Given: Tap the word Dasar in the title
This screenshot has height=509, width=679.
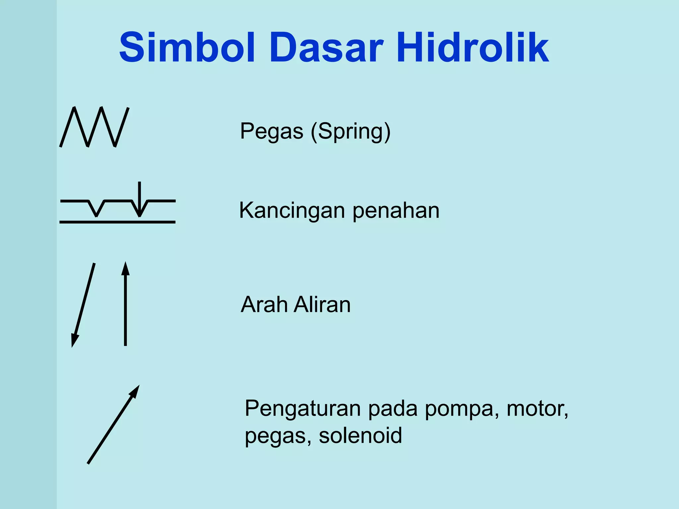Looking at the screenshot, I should pyautogui.click(x=326, y=47).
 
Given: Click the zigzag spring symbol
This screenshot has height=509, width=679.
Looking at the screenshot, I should pyautogui.click(x=94, y=127).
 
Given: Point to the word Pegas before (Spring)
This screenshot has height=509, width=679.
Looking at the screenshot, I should pyautogui.click(x=272, y=131).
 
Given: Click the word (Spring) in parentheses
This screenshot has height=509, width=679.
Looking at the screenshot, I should pyautogui.click(x=351, y=132).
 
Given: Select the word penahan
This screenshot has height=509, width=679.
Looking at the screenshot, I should pyautogui.click(x=396, y=211).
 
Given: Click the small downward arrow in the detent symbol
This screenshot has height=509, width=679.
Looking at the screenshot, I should pyautogui.click(x=140, y=199).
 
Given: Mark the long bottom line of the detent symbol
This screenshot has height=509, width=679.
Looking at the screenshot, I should pyautogui.click(x=117, y=222).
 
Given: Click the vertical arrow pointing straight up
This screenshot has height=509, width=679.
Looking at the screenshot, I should pyautogui.click(x=125, y=305).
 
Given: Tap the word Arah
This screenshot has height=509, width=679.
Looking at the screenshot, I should pyautogui.click(x=264, y=305).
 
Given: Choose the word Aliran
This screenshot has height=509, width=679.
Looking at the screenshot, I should pyautogui.click(x=322, y=305).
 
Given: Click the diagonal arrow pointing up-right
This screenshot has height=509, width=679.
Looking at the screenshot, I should pyautogui.click(x=113, y=424).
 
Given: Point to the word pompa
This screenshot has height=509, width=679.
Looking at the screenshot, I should pyautogui.click(x=462, y=409).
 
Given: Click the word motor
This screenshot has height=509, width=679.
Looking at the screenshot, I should pyautogui.click(x=537, y=409).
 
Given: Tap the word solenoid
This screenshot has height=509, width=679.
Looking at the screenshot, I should pyautogui.click(x=360, y=435).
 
